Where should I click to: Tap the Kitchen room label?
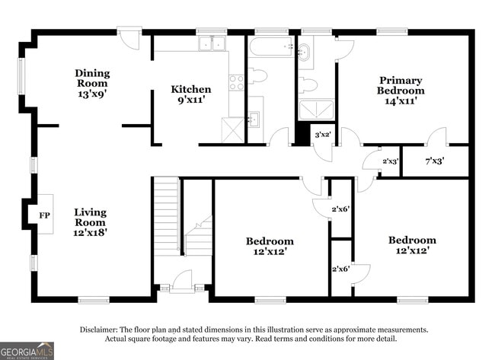pyautogui.click(x=190, y=90)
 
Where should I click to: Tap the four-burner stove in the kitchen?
pyautogui.click(x=236, y=81)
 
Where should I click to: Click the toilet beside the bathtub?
pyautogui.click(x=257, y=75)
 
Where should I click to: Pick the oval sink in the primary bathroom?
pyautogui.click(x=305, y=52)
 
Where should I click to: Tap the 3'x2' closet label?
pyautogui.click(x=322, y=134)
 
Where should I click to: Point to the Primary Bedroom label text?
pyautogui.click(x=401, y=85)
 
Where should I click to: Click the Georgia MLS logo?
pyautogui.click(x=27, y=350)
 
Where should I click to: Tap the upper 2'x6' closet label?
pyautogui.click(x=340, y=209)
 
